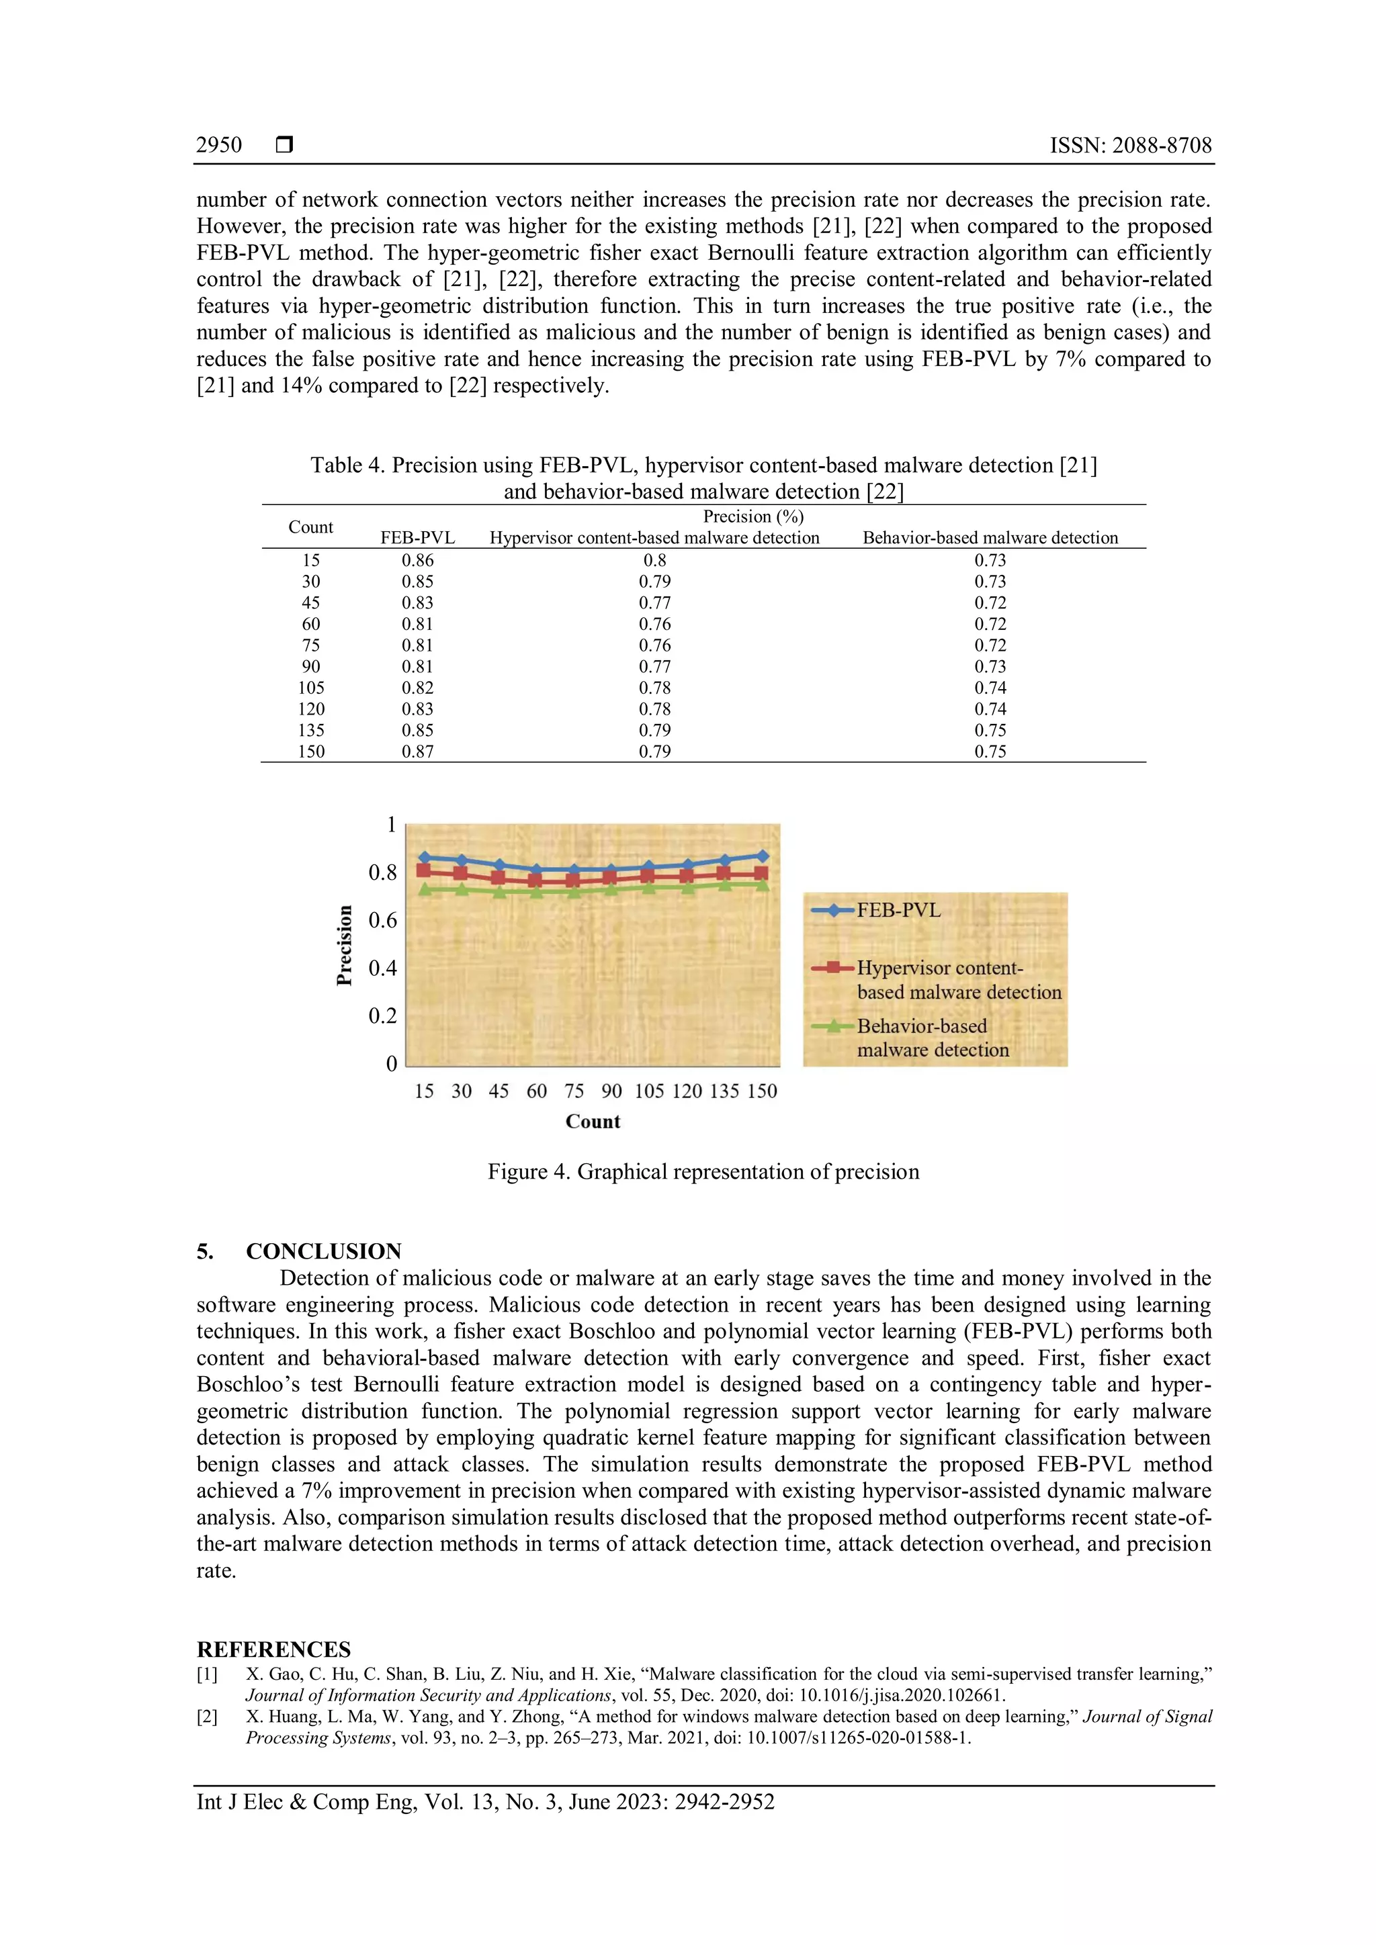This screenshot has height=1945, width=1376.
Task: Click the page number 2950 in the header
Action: click(218, 146)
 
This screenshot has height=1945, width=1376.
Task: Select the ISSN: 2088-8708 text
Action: click(1130, 146)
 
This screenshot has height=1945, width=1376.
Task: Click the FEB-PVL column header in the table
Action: click(417, 538)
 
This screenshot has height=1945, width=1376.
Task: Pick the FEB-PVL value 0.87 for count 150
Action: click(417, 752)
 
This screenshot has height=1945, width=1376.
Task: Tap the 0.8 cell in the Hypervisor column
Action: click(654, 560)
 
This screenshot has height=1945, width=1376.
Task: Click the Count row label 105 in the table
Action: click(311, 688)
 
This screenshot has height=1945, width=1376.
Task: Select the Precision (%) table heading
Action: click(752, 516)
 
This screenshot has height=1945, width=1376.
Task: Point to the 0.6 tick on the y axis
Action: click(382, 920)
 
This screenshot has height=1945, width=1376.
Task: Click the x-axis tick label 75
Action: click(574, 1091)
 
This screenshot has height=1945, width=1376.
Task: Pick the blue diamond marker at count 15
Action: click(425, 857)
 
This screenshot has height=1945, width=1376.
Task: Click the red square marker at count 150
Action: click(761, 873)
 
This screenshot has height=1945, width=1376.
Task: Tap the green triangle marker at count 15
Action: click(425, 889)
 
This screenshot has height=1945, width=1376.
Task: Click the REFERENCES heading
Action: click(273, 1649)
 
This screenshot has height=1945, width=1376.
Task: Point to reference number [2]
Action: click(208, 1716)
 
